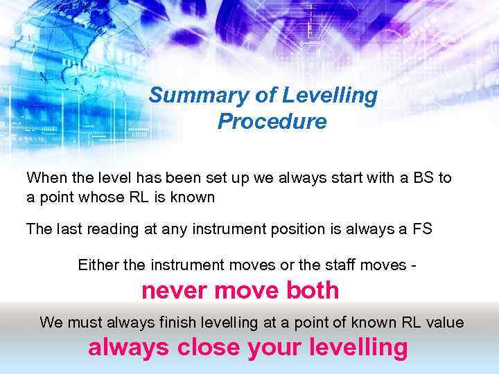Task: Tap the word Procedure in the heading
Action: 272,122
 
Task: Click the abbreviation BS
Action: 425,177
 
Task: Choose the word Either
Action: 98,265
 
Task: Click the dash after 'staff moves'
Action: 413,265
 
